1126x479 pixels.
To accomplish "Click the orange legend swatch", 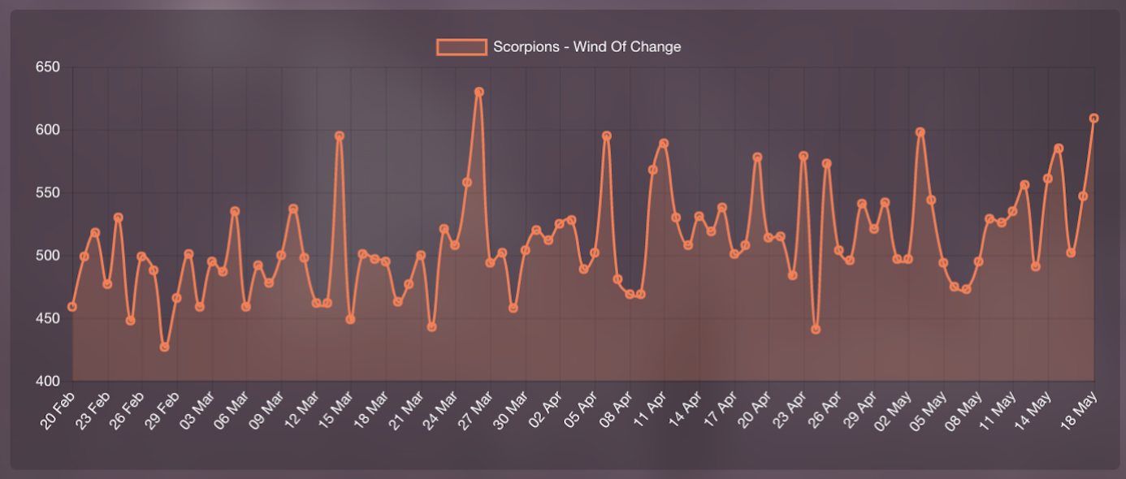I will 461,47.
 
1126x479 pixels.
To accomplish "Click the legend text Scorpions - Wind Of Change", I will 587,47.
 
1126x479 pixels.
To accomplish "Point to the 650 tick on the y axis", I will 48,67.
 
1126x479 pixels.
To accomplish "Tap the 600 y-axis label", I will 48,130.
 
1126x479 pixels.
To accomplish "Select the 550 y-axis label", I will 48,193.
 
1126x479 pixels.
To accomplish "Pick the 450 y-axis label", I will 48,319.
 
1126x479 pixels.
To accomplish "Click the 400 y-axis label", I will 48,382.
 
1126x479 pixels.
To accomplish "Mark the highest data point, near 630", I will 479,92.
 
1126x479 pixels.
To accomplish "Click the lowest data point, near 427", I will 165,347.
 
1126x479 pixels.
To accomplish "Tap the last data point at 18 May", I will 1094,119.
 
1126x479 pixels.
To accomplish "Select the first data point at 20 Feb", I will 72,307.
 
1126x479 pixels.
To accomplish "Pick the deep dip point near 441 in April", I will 816,330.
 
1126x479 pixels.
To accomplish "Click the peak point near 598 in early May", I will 920,132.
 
